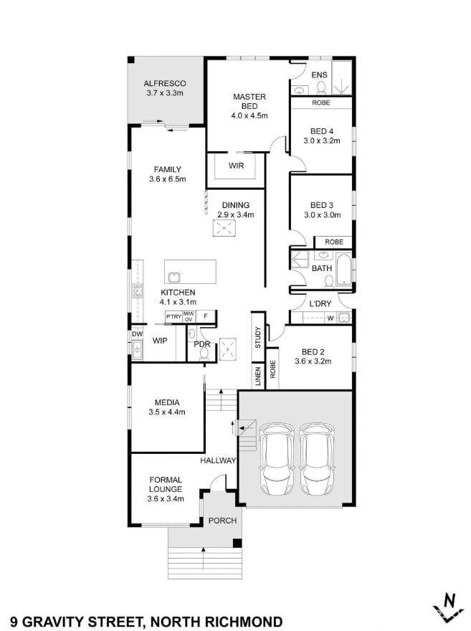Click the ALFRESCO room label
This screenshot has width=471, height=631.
(x=165, y=83)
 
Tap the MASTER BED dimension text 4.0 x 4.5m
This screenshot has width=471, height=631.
(x=249, y=115)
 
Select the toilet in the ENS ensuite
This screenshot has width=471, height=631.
(x=321, y=87)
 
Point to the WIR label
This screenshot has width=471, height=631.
(x=236, y=166)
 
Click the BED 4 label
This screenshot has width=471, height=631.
(x=322, y=131)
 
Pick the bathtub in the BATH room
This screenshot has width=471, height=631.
(x=343, y=270)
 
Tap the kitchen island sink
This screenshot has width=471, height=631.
(x=174, y=277)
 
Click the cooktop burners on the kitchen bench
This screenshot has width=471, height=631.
(x=137, y=290)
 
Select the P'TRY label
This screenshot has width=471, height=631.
(x=173, y=317)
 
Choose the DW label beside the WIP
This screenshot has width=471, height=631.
(x=137, y=334)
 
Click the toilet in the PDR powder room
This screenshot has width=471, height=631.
(x=204, y=354)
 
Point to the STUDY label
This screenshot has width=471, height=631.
(x=258, y=337)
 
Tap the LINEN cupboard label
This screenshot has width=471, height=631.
(x=258, y=376)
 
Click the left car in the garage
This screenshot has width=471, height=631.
(x=277, y=460)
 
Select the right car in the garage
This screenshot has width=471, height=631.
(x=318, y=460)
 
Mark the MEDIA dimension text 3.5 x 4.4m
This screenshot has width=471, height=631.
(x=167, y=412)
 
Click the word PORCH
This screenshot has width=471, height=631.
(x=222, y=521)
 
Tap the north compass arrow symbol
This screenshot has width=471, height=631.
(x=448, y=607)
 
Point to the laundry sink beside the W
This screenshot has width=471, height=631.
(x=343, y=318)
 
